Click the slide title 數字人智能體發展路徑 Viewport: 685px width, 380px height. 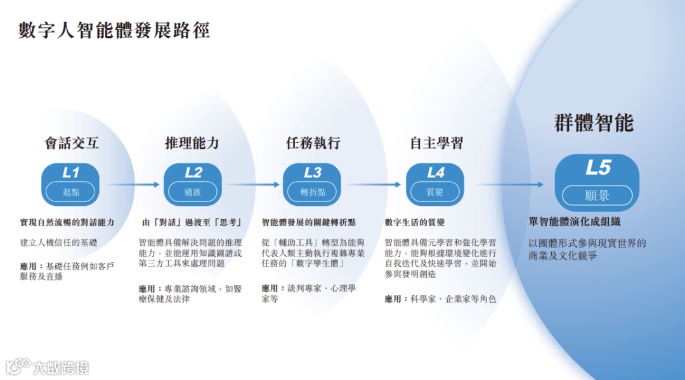(x=114, y=30)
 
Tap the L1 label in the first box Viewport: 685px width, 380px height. (x=71, y=172)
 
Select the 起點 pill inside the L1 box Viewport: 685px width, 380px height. (x=70, y=192)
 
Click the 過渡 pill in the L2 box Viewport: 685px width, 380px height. (x=193, y=192)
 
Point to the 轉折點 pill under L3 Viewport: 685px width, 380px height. (x=313, y=192)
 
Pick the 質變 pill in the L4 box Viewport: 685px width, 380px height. (x=435, y=192)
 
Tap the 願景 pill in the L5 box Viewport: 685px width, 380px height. (x=597, y=195)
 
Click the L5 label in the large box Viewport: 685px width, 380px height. (x=597, y=168)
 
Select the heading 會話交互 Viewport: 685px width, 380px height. (x=72, y=143)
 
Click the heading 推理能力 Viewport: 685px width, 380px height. (x=192, y=143)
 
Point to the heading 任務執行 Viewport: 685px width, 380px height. (x=313, y=143)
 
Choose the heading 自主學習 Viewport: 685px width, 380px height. (x=436, y=143)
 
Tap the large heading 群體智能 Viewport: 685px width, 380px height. (x=594, y=123)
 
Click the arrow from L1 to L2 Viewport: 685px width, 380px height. (x=133, y=185)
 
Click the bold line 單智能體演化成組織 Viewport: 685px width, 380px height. (x=575, y=222)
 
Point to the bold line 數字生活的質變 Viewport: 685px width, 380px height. (x=415, y=222)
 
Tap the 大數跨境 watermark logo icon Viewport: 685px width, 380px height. (x=18, y=366)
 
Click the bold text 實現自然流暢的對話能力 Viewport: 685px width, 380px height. (x=67, y=222)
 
